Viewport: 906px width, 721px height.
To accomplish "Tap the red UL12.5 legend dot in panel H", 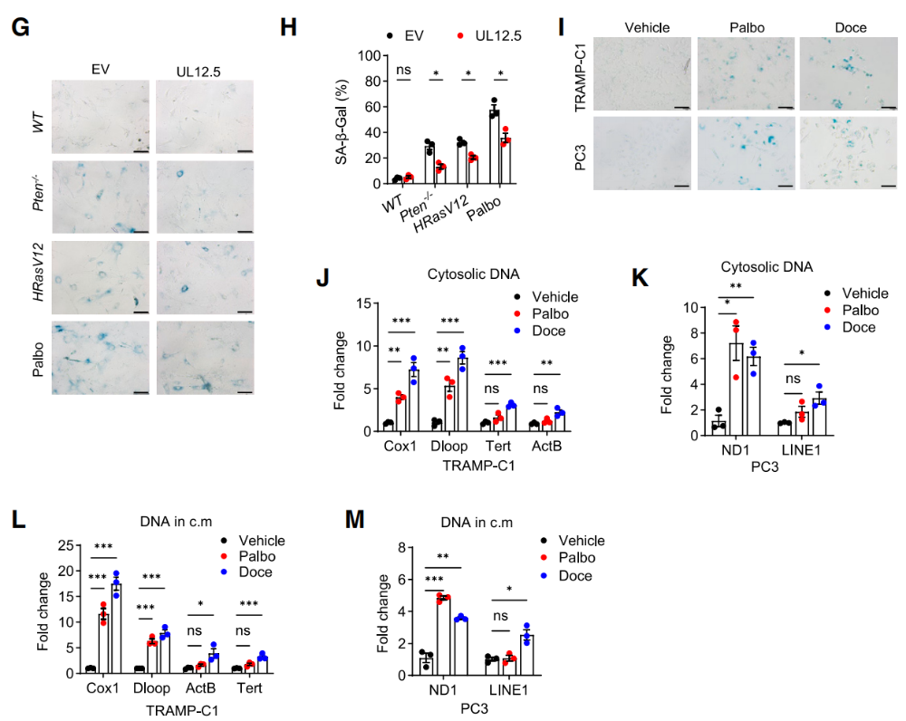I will pyautogui.click(x=461, y=35).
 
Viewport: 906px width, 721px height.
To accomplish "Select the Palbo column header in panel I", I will pyautogui.click(x=747, y=27).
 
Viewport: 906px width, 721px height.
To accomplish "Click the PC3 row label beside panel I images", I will pyautogui.click(x=581, y=151).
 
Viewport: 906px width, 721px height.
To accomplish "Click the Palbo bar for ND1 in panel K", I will pyautogui.click(x=736, y=389).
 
